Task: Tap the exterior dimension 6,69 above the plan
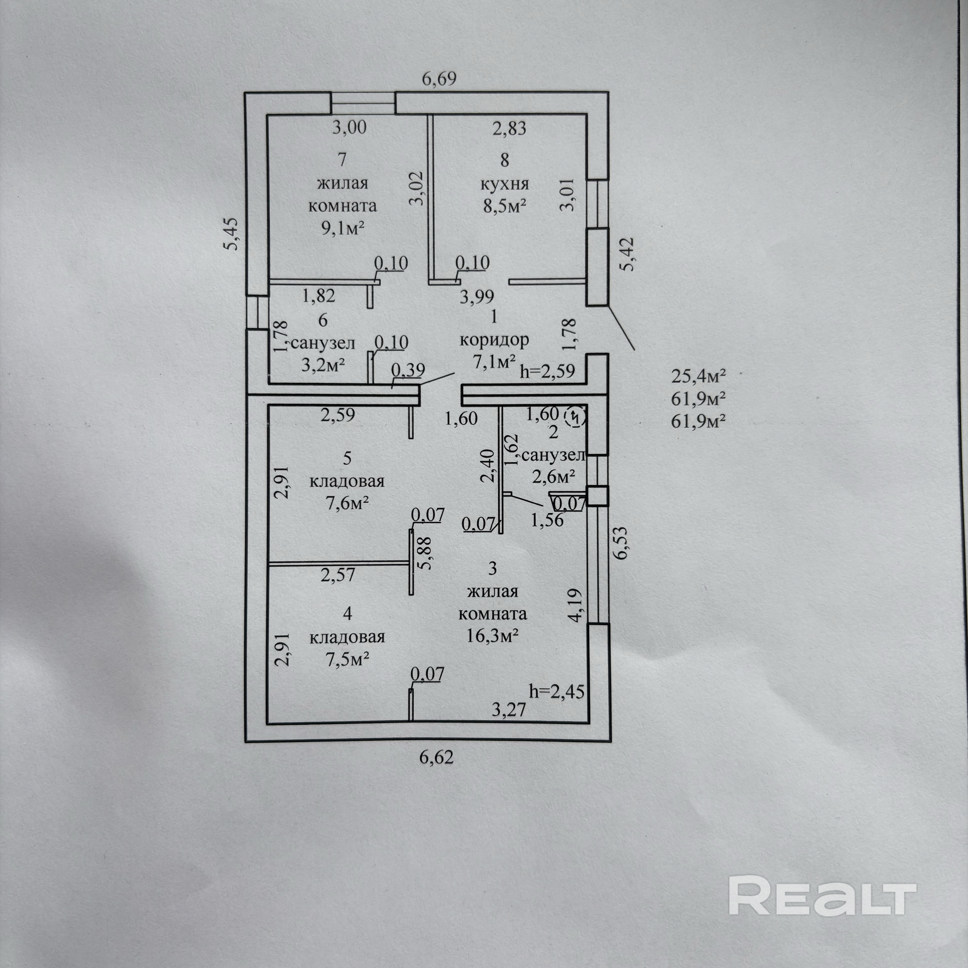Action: coord(439,79)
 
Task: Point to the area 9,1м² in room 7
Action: coord(342,228)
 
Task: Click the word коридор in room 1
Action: coord(494,340)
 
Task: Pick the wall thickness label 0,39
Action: coord(408,370)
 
